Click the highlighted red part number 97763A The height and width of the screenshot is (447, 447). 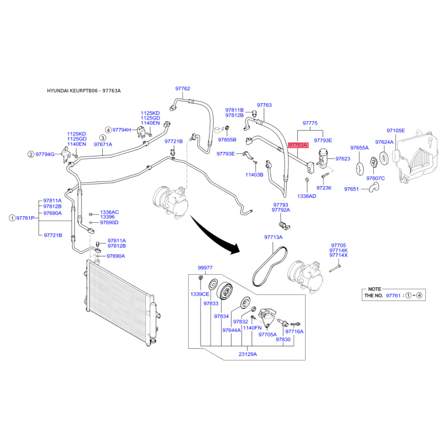point(298,145)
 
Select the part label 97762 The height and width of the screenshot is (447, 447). point(183,89)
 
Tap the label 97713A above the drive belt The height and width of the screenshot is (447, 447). point(273,237)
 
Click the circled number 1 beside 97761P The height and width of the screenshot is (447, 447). point(12,218)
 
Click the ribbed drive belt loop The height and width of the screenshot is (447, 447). point(269,266)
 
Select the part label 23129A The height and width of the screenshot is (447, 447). point(248,354)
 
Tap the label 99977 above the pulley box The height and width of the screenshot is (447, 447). point(205,268)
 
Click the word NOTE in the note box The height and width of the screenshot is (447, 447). point(374,289)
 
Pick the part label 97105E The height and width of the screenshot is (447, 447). point(396,131)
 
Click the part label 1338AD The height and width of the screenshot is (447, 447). point(307,196)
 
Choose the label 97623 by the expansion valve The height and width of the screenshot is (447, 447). point(343,159)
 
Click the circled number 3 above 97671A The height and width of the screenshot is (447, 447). point(103,138)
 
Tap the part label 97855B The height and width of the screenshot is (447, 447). point(227,140)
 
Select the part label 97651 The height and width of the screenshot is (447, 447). point(351,189)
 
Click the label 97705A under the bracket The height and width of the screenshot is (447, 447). point(268,334)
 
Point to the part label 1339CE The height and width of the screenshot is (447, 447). point(200,294)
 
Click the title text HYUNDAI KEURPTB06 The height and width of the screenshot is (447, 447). point(73,91)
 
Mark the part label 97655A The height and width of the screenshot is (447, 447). point(359,148)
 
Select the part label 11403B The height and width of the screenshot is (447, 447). point(254,175)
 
